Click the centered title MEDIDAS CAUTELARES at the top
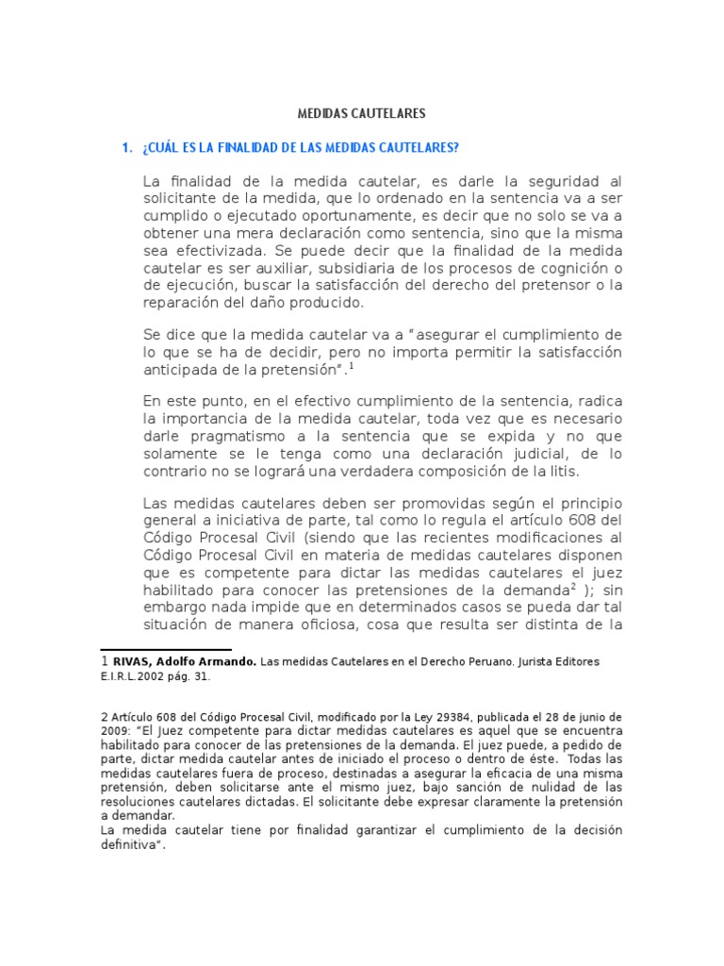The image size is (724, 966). click(362, 113)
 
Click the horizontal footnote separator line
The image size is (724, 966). click(166, 650)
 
